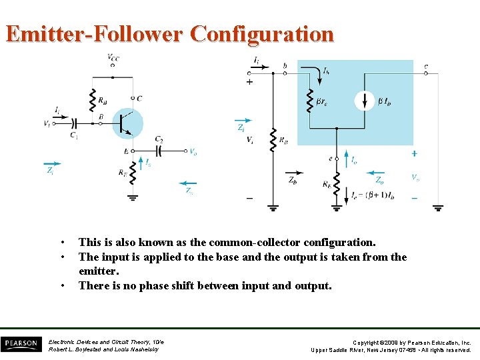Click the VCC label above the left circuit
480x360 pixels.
coord(113,59)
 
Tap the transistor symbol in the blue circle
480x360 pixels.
coord(127,123)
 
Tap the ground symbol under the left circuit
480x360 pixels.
coord(133,197)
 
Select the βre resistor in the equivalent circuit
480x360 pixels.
coord(309,101)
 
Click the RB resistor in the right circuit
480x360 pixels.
coord(273,141)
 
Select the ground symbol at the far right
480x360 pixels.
coord(439,207)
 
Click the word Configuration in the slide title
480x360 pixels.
coord(261,33)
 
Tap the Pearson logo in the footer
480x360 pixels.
coord(21,344)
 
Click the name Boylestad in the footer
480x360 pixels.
coord(87,349)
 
